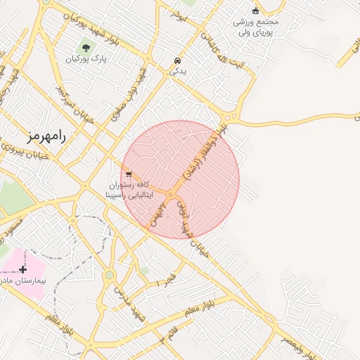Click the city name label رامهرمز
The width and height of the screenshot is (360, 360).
46,136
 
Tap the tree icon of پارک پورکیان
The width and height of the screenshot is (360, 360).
86,48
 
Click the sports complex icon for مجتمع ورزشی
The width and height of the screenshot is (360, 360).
255,10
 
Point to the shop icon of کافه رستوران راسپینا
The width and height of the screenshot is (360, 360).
128,174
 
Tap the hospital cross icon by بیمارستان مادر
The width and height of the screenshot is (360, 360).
23,269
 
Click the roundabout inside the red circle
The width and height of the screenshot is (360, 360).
171,194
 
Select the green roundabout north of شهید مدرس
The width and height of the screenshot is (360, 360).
109,275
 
